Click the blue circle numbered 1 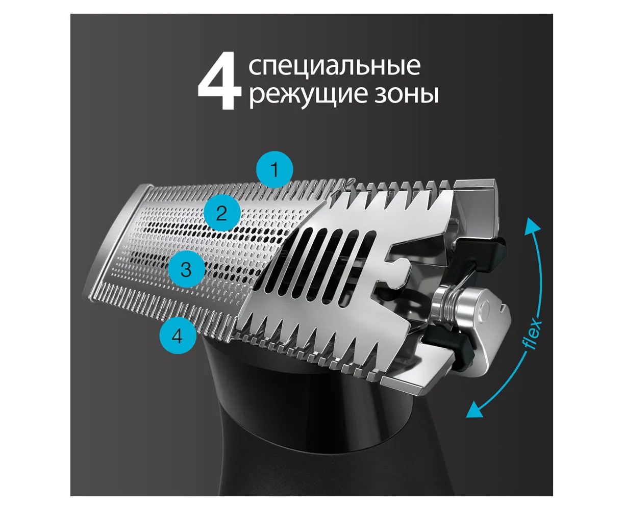[274, 169]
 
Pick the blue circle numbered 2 [222, 213]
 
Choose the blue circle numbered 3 [186, 269]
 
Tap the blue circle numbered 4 [178, 336]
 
